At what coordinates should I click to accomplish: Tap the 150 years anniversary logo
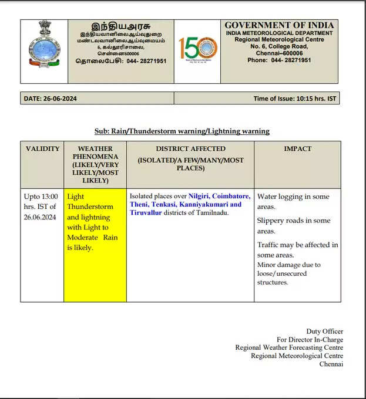(198, 50)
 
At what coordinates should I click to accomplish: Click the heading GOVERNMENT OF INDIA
(279, 25)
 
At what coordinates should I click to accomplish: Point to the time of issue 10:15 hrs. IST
(315, 99)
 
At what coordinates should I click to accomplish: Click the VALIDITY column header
(42, 148)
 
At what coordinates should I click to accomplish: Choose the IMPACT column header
(297, 148)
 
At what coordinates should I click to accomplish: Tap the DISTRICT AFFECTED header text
(190, 148)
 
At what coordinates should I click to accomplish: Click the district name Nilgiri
(199, 196)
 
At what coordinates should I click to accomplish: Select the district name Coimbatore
(231, 196)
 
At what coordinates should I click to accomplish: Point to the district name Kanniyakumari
(204, 204)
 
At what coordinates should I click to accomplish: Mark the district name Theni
(140, 204)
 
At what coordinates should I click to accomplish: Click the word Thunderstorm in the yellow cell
(89, 207)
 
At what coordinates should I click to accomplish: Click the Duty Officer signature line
(324, 332)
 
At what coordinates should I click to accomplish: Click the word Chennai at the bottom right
(331, 364)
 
